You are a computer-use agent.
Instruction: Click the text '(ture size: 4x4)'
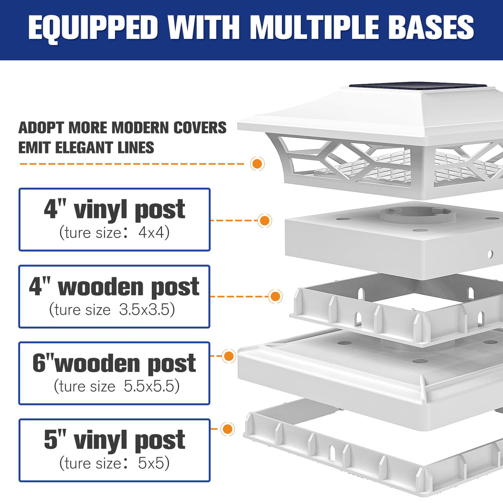tap(114, 232)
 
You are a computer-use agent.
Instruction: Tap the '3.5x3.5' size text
tap(147, 309)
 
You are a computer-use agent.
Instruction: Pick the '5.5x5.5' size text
tap(151, 386)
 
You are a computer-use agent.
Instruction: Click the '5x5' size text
tap(153, 463)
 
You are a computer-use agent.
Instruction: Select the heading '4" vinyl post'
tap(114, 210)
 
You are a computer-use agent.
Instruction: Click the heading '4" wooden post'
tap(114, 287)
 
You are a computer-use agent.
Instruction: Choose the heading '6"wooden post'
tap(114, 363)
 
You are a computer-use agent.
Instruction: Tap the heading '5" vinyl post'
tap(114, 440)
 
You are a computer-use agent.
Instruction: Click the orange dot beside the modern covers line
tap(257, 163)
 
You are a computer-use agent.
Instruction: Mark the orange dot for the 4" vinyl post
tap(264, 220)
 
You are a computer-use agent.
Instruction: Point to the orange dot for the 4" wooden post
tap(275, 296)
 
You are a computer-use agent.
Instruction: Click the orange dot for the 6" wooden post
tap(228, 356)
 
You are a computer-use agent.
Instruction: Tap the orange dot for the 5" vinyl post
tap(227, 429)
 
